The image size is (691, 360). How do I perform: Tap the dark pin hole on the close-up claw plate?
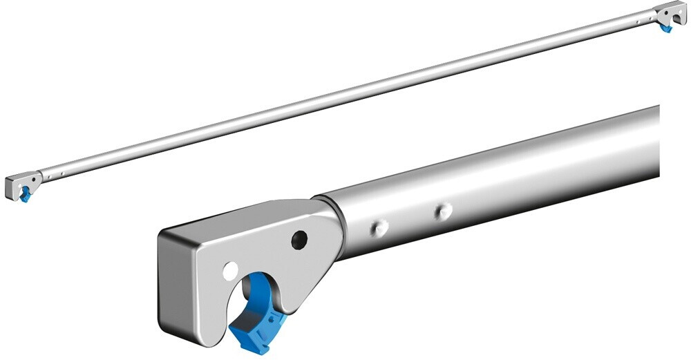pyautogui.click(x=299, y=240)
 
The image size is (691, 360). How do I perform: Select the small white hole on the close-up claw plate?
pyautogui.click(x=230, y=270)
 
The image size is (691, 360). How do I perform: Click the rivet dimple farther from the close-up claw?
pyautogui.click(x=442, y=210)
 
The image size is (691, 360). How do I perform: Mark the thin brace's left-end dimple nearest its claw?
pyautogui.click(x=49, y=176)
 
